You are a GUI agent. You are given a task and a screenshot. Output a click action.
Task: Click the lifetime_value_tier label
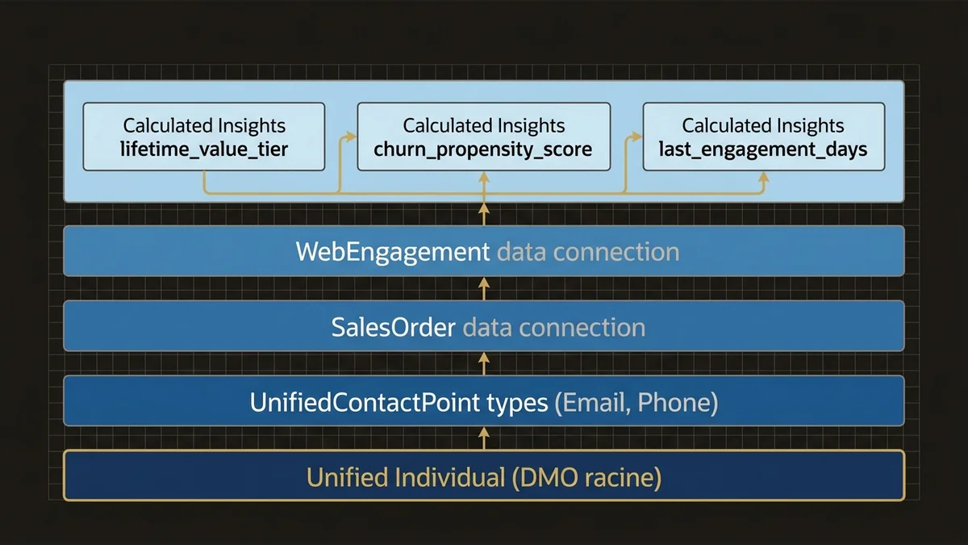coord(204,150)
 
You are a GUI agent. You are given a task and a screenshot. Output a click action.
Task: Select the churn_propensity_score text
coord(483,150)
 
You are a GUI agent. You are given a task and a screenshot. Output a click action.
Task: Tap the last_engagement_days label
coord(763,150)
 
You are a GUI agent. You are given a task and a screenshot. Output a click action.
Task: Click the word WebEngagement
coord(393,252)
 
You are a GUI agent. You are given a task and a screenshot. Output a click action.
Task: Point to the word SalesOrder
coord(393,327)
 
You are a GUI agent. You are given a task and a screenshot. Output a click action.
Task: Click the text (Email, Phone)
coord(636,402)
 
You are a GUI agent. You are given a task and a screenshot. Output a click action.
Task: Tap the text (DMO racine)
coord(586,477)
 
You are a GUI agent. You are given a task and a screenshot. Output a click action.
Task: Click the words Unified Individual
coord(406,477)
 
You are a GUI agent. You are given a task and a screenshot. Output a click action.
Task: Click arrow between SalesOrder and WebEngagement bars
coord(484,288)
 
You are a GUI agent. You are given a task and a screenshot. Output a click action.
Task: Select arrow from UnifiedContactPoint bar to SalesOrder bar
coord(484,363)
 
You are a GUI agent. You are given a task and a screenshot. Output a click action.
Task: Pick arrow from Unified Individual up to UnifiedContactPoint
coord(484,438)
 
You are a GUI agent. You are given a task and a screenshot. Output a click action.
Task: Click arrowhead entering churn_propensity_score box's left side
coord(352,137)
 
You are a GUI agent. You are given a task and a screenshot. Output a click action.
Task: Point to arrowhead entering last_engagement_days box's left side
coord(637,137)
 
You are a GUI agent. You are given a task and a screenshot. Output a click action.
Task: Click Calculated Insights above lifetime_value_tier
coord(204,126)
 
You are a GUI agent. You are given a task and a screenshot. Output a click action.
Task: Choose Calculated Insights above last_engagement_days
coord(763,126)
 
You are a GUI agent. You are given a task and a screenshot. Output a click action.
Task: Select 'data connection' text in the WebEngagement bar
coord(588,252)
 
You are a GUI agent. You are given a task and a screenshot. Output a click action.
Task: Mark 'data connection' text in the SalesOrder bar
coord(553,327)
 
